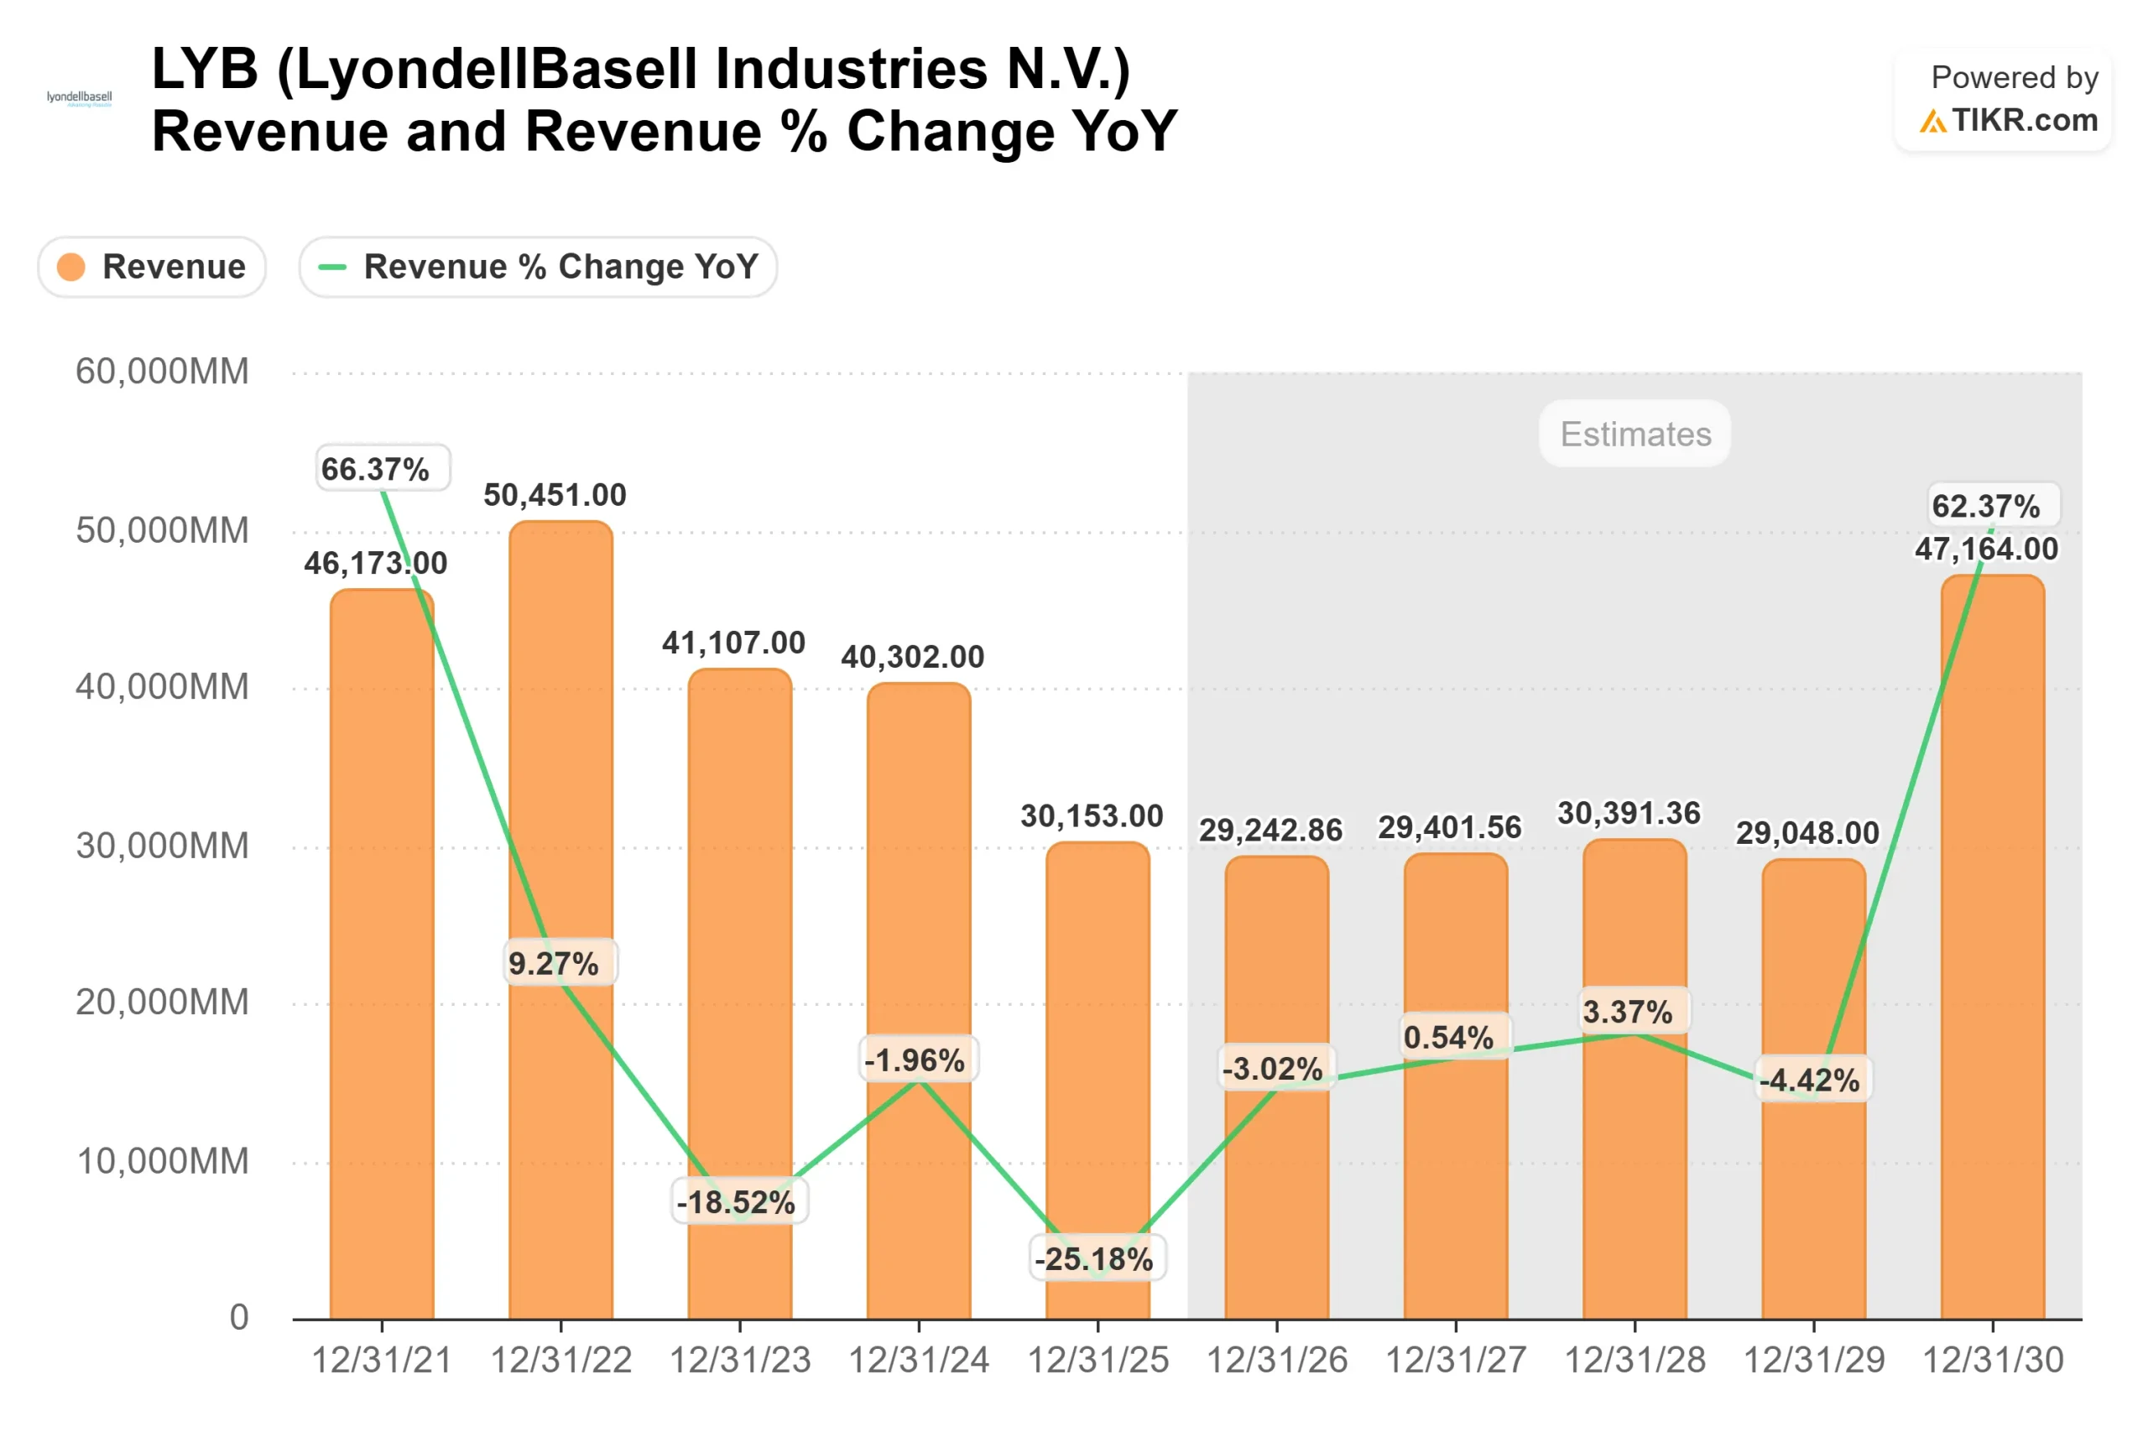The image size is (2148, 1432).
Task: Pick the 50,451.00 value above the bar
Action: [555, 494]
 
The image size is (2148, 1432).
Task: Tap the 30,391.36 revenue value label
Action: [1629, 812]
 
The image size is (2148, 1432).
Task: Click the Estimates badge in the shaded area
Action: [1634, 434]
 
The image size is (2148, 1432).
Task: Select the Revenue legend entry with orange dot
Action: [153, 267]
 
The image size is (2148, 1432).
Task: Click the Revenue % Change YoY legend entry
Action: [538, 267]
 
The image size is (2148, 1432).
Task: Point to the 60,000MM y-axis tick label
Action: [162, 372]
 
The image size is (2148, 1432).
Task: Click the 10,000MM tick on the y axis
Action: [162, 1161]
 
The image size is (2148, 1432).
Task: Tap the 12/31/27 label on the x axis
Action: [1455, 1360]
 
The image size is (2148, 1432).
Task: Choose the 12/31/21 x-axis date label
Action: [382, 1360]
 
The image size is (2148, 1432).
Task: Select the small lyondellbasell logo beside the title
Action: [80, 97]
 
